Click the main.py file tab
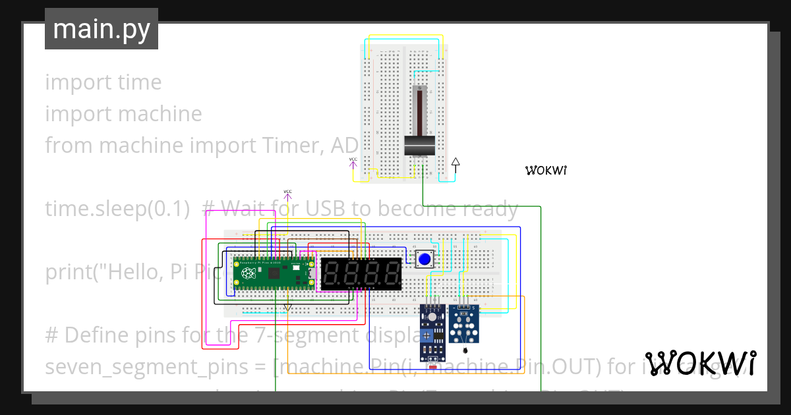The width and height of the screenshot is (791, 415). point(101,29)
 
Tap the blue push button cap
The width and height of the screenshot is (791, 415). point(425,260)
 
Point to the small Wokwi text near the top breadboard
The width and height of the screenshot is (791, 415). point(546,171)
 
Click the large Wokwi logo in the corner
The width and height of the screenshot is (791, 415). point(700,363)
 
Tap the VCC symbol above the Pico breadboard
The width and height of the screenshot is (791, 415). point(287,194)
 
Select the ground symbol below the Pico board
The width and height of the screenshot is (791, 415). point(287,307)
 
